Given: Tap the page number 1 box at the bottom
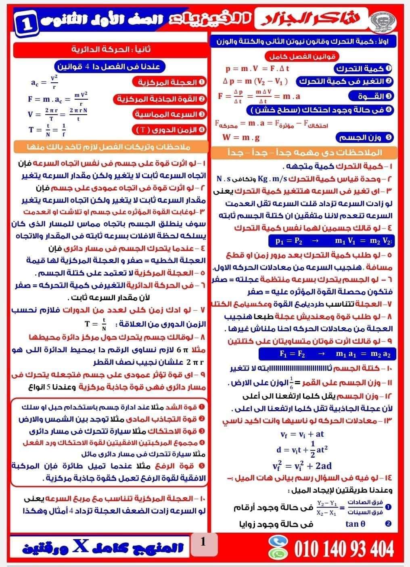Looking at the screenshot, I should click(x=203, y=542).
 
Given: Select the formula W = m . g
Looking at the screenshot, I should click(x=241, y=137).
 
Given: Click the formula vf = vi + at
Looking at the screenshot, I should click(x=302, y=434).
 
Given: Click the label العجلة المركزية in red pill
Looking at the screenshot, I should click(x=169, y=82).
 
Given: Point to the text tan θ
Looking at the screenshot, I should click(x=355, y=524).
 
